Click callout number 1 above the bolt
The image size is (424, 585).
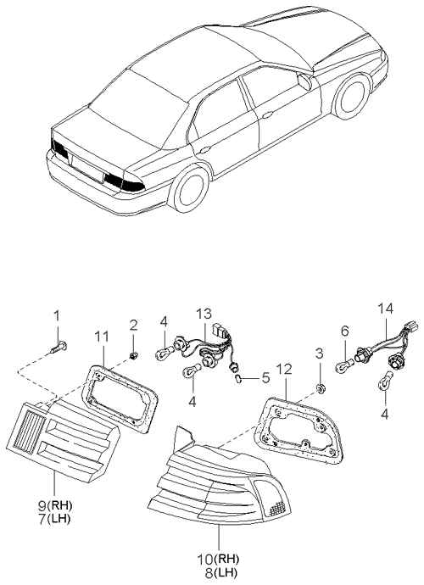point(57,316)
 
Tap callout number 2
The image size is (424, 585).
point(133,325)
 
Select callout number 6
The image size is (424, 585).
point(343,331)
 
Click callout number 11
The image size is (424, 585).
point(101,336)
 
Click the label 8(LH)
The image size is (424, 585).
point(217,573)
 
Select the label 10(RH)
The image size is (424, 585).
point(217,560)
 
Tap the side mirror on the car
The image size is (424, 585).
point(304,81)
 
